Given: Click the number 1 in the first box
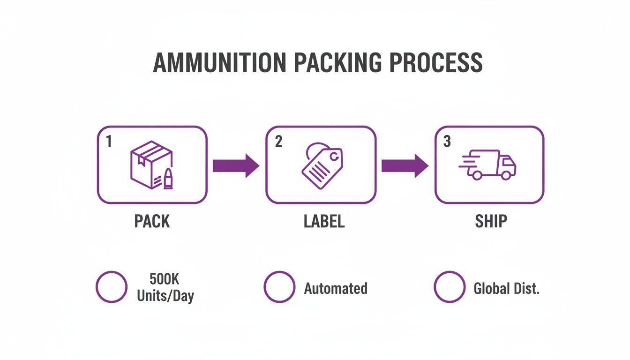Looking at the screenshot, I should [x=109, y=142].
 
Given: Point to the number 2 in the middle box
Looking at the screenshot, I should [x=278, y=142].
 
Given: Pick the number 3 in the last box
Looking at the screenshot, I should [x=447, y=142].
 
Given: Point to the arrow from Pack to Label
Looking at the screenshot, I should [x=236, y=165].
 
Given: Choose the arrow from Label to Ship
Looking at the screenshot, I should [x=405, y=165].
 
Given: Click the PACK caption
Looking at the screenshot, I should [x=152, y=221].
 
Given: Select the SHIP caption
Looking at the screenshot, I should [x=491, y=221].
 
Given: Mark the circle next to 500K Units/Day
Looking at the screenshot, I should [x=112, y=287].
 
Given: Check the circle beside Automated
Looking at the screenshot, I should [x=280, y=287].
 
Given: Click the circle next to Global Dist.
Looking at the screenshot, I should [x=449, y=287].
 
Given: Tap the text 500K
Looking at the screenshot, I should [x=165, y=279].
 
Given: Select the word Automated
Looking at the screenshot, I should [x=336, y=288].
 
